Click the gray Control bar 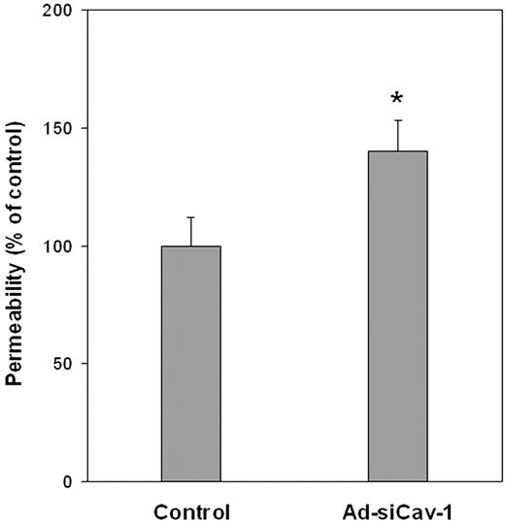coord(190,364)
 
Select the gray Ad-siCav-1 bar coord(397,316)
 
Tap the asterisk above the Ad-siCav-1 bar coord(397,99)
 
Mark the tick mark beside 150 coord(88,128)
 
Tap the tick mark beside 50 coord(88,364)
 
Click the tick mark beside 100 coord(88,246)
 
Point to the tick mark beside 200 coord(88,11)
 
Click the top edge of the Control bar coord(190,246)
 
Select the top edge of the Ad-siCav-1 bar coord(397,151)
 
